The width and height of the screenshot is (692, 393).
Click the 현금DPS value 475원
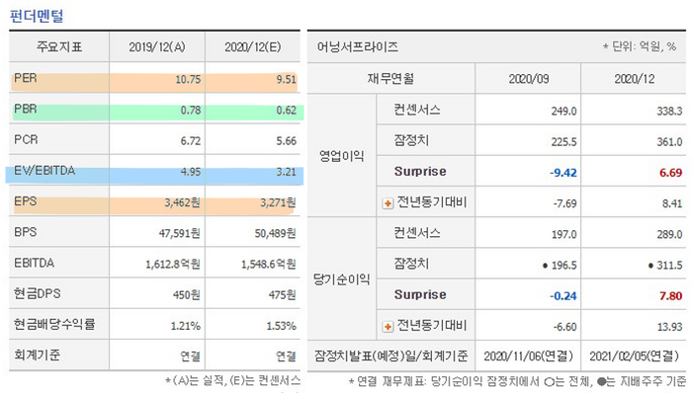point(281,294)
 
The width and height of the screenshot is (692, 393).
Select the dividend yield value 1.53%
point(278,325)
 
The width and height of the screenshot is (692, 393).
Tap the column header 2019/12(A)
point(161,46)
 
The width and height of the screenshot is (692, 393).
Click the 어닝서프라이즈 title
point(358,46)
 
